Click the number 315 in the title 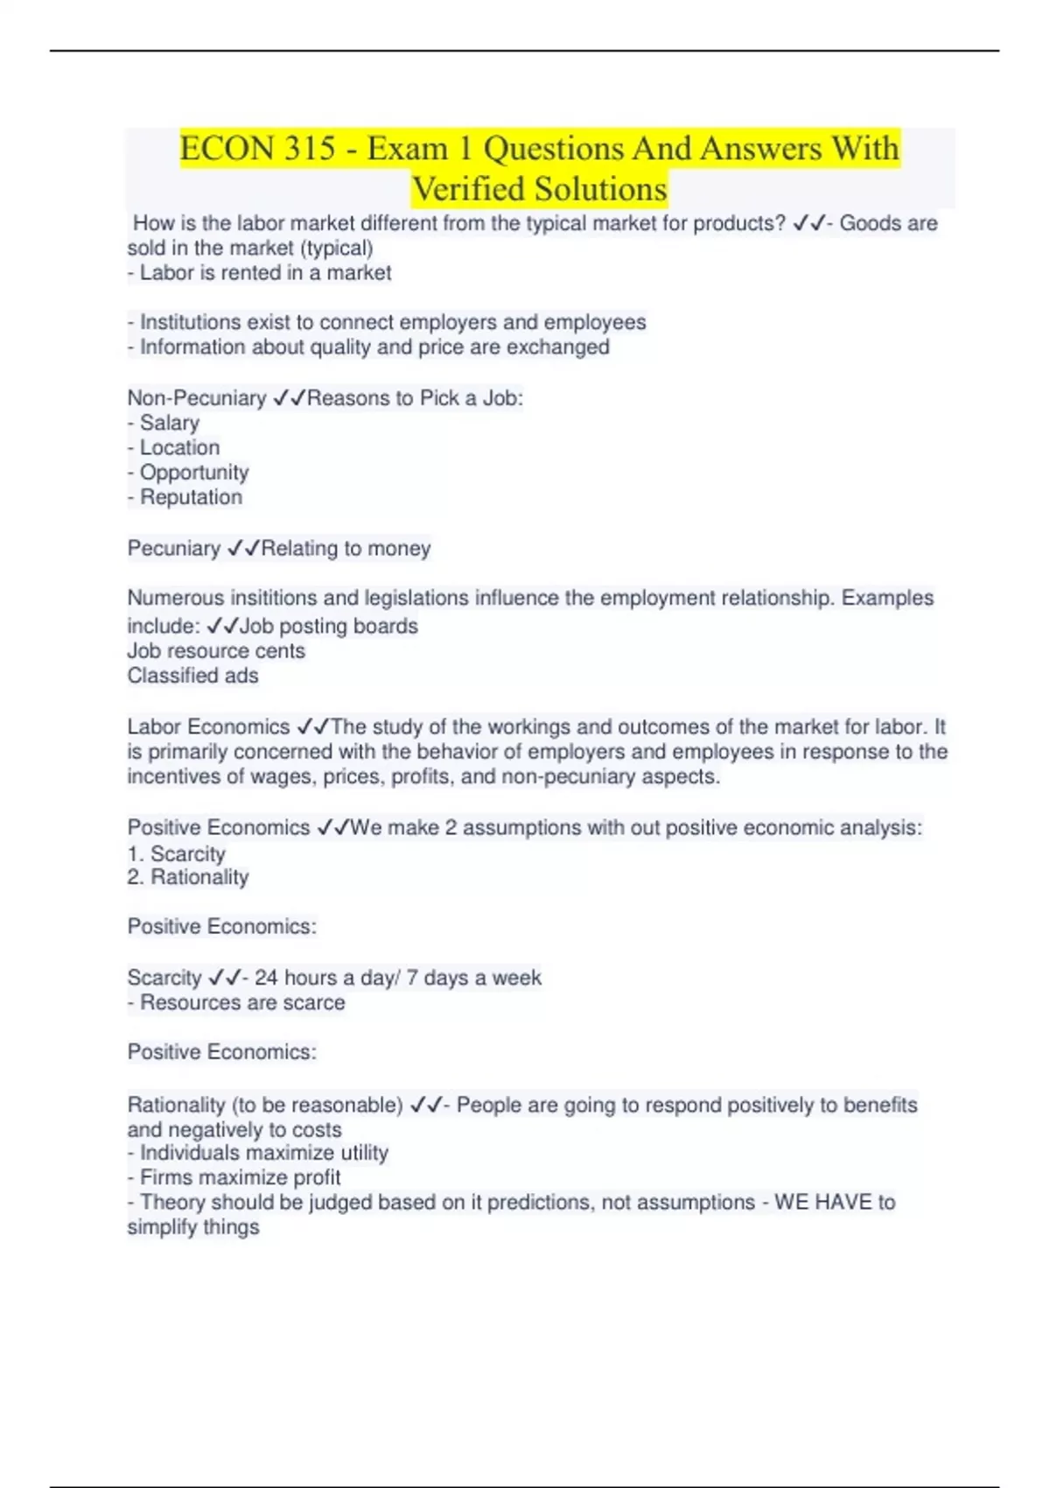click(x=309, y=148)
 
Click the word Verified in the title click(x=467, y=189)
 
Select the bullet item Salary click(x=170, y=423)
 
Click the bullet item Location click(x=179, y=447)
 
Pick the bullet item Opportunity click(x=194, y=473)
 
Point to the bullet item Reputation click(x=191, y=497)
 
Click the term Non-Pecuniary click(x=197, y=398)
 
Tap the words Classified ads click(x=192, y=676)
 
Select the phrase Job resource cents click(x=216, y=651)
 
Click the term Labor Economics click(x=208, y=726)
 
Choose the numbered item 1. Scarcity click(x=176, y=853)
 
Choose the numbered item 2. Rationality click(x=188, y=877)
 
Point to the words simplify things click(x=193, y=1227)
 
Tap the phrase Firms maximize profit click(x=240, y=1177)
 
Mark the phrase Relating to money click(x=346, y=549)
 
